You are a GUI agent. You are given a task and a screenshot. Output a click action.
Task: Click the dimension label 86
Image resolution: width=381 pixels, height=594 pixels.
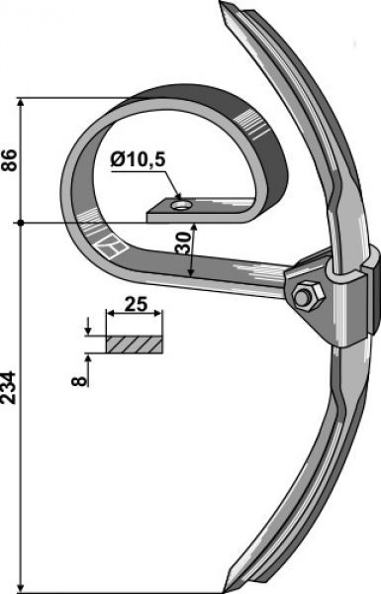pyautogui.click(x=9, y=160)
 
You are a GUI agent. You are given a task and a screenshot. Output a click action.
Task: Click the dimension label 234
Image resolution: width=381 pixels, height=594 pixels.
pyautogui.click(x=9, y=387)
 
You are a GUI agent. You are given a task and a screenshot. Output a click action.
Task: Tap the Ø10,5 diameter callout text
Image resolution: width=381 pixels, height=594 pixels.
pyautogui.click(x=138, y=160)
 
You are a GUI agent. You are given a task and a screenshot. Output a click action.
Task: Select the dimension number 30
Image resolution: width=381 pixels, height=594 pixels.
pyautogui.click(x=184, y=243)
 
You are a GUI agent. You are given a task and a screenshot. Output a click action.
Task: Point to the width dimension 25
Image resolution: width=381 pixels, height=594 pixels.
pyautogui.click(x=136, y=304)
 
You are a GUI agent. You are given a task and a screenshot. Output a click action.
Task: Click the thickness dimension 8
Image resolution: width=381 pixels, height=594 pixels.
pyautogui.click(x=79, y=380)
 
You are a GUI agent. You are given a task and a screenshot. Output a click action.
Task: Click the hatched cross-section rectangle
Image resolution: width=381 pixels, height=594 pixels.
pyautogui.click(x=135, y=345)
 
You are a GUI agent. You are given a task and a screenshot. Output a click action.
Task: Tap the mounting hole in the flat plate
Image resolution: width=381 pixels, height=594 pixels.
pyautogui.click(x=181, y=205)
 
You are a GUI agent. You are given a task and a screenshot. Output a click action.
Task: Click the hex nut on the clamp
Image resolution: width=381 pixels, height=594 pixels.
pyautogui.click(x=309, y=296)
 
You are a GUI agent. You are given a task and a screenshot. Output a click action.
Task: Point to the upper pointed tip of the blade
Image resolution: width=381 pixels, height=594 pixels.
pyautogui.click(x=221, y=2)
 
